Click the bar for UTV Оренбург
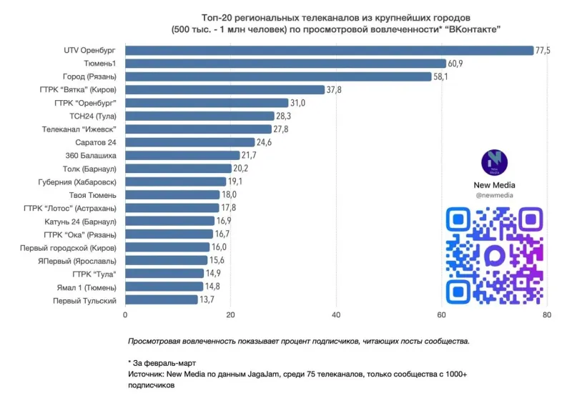coord(330,51)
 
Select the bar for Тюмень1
coord(285,64)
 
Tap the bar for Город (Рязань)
coord(278,76)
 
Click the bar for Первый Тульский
coord(162,300)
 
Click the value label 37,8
coord(335,90)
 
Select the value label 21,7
coord(250,156)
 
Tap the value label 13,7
coord(207,300)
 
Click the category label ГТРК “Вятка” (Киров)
coord(78,90)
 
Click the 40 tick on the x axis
coord(336,315)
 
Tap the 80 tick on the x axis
coord(546,315)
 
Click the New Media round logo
coord(494,161)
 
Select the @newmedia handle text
coord(494,195)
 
